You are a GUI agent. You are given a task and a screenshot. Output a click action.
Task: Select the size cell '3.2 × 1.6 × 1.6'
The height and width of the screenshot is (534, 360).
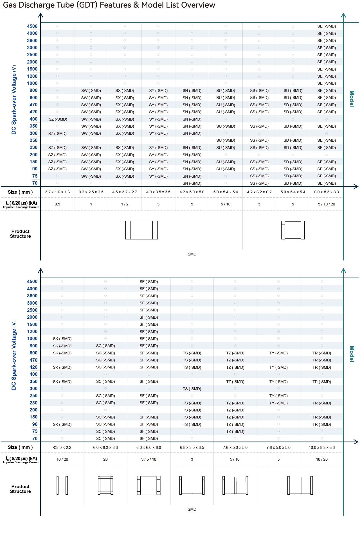coord(57,192)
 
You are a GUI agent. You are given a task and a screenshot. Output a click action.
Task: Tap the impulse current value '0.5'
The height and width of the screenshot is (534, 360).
coord(57,204)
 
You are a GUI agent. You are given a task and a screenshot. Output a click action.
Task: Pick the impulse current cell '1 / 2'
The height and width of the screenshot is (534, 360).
coord(125,204)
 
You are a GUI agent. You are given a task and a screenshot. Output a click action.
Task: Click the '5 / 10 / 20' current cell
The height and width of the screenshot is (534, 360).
coord(327,204)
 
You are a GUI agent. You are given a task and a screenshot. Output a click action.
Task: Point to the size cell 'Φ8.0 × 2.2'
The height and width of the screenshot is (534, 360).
coord(62,447)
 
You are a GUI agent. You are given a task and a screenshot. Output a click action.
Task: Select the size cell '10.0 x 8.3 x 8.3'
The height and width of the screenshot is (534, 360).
coord(322,447)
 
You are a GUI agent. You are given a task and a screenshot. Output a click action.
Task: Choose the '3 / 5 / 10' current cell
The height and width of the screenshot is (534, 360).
coord(149,459)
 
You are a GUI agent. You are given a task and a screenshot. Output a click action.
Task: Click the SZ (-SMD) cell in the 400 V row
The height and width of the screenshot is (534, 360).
coord(58,119)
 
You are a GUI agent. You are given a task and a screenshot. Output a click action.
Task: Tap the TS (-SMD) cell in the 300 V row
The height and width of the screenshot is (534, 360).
coord(192,389)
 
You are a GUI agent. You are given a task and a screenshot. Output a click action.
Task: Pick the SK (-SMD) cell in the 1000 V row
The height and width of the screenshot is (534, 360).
coord(62,339)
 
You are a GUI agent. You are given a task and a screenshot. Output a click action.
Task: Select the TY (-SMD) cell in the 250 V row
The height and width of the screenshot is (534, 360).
coord(278,396)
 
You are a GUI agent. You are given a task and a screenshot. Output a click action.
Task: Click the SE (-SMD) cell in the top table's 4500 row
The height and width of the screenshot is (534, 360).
coord(327,26)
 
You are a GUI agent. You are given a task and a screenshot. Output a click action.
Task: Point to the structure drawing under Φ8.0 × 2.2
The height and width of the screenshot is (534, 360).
coord(62,485)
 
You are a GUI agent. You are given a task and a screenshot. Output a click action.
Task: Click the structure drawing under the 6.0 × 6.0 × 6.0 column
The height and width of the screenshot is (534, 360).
coord(149,485)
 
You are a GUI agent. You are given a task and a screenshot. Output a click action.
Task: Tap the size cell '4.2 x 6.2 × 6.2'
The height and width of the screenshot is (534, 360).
coord(259,192)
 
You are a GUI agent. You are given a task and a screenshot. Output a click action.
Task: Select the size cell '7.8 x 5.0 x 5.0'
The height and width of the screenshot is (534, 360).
coord(278,447)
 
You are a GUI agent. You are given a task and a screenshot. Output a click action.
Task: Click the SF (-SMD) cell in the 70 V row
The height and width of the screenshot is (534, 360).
coord(149,438)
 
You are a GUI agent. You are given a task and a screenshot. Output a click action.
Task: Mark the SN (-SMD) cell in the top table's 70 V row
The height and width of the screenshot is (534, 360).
coord(192,183)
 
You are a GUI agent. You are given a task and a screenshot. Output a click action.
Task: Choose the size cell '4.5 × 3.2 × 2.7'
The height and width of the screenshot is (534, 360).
coord(125,192)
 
